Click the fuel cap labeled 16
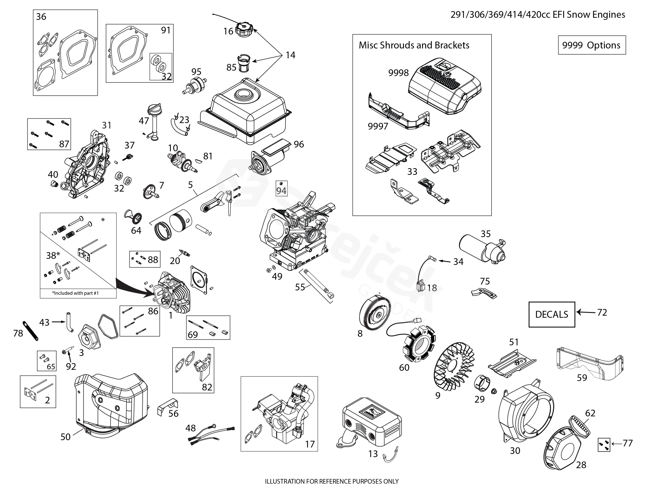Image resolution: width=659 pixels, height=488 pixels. click(244, 30)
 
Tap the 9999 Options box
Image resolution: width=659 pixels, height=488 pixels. click(592, 45)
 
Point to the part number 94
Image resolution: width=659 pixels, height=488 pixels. click(281, 191)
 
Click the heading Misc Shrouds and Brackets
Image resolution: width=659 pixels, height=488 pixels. click(414, 45)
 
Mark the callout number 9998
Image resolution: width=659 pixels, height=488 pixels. click(398, 73)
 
